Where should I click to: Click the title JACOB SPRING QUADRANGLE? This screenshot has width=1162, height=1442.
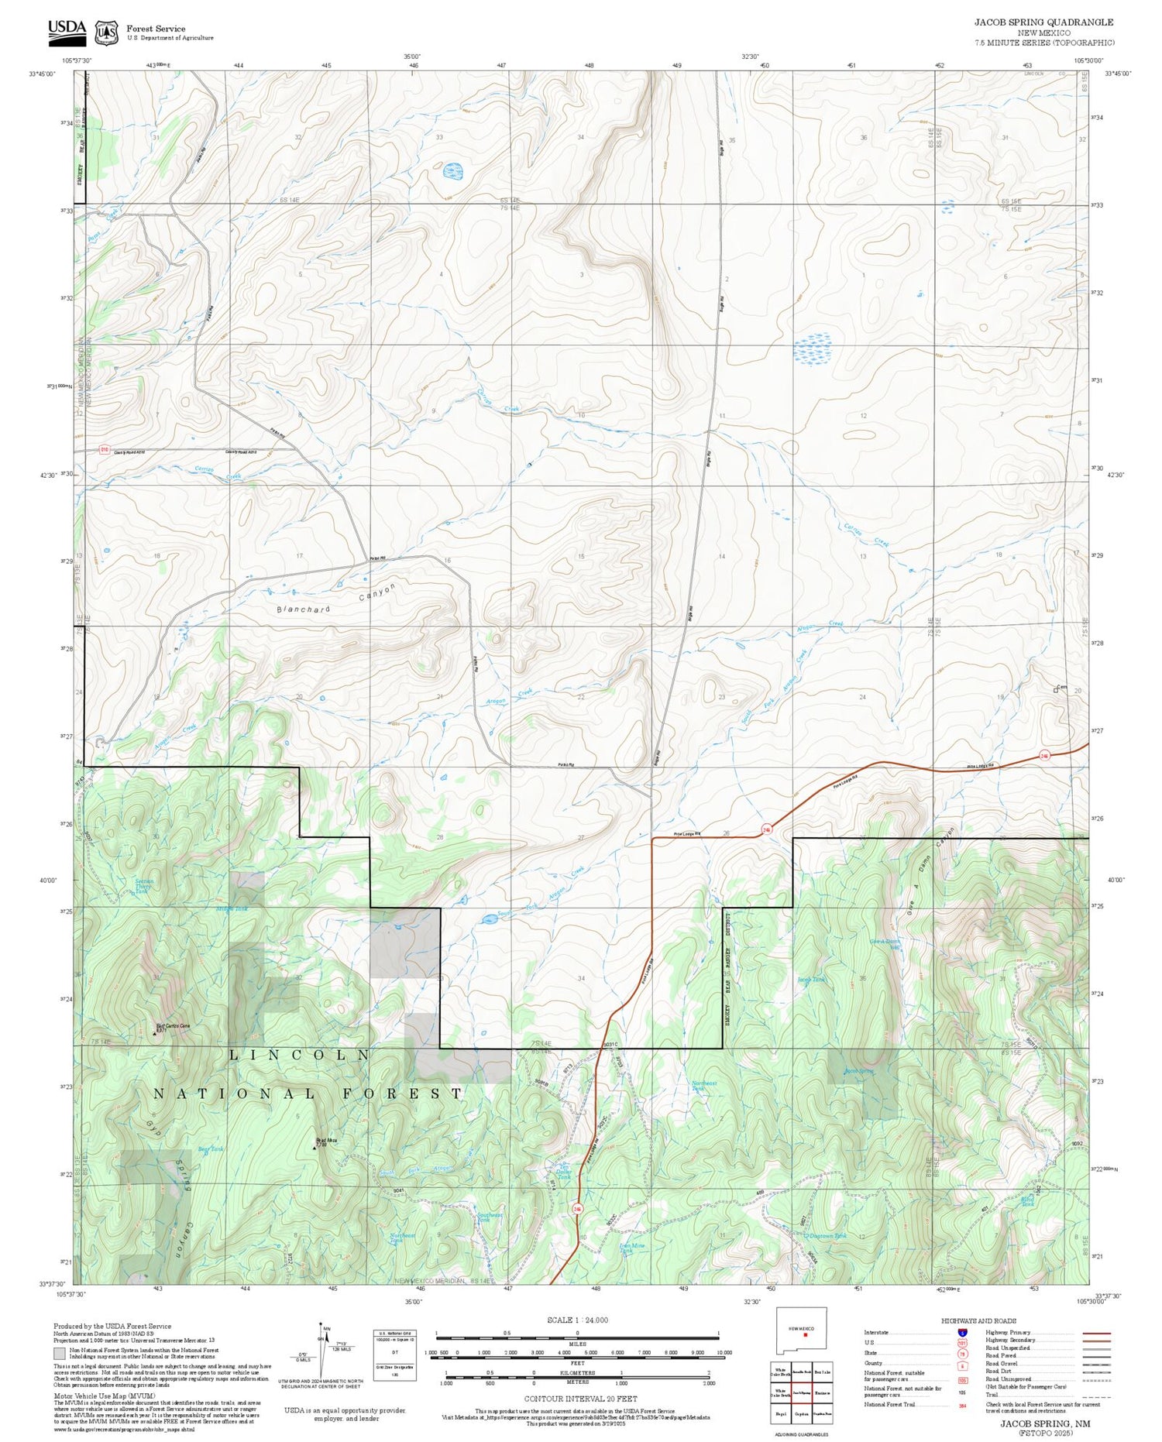(1043, 22)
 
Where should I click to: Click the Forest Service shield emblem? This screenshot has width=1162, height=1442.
(106, 33)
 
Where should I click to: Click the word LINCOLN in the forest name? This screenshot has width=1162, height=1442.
(299, 1055)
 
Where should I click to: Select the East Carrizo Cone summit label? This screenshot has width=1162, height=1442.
(172, 1027)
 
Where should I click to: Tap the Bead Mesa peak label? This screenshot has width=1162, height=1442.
(326, 1142)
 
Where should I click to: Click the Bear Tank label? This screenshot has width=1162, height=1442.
(210, 1148)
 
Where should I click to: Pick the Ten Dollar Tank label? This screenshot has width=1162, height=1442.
(565, 1172)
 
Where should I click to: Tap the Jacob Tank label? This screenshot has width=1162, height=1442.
(811, 980)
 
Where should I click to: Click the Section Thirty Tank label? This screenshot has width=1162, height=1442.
(144, 886)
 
